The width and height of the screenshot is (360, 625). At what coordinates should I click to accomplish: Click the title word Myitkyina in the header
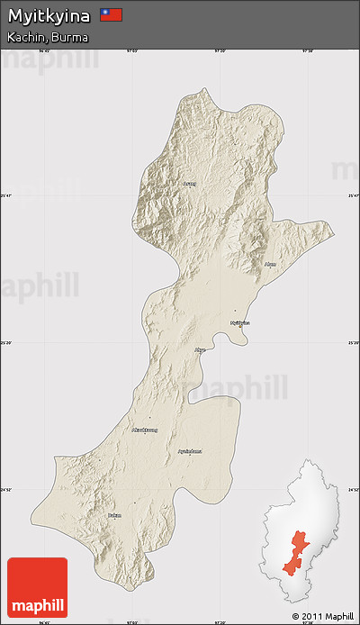[x=49, y=15]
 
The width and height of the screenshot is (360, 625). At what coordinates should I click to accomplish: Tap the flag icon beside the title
[x=112, y=15]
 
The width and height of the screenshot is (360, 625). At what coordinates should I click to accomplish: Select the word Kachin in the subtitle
[x=23, y=37]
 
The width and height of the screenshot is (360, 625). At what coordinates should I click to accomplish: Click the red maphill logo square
[x=37, y=587]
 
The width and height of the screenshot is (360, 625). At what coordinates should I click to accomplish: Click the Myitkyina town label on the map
[x=239, y=322]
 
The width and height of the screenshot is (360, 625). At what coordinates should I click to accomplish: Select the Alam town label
[x=270, y=264]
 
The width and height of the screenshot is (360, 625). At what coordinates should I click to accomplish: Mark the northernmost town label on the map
[x=188, y=184]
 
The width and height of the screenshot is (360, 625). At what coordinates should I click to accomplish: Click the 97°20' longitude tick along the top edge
[x=219, y=51]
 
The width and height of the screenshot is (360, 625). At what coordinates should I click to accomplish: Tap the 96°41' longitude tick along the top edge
[x=44, y=51]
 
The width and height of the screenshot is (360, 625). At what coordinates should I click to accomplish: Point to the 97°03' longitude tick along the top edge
[x=131, y=51]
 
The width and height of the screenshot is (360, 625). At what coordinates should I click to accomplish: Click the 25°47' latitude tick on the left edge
[x=6, y=195]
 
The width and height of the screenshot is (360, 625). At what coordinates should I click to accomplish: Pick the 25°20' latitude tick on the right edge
[x=353, y=343]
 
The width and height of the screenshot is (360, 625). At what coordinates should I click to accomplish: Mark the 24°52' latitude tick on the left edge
[x=6, y=490]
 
